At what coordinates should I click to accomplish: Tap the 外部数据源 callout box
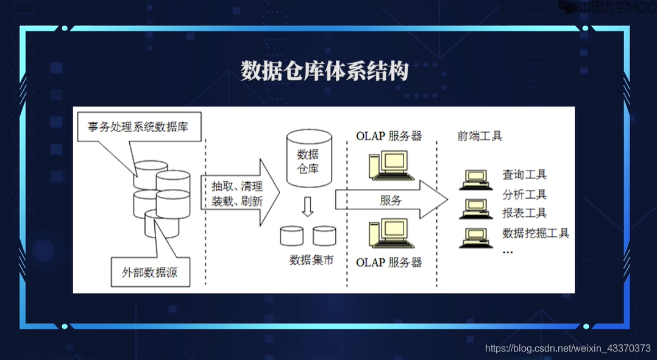click(149, 272)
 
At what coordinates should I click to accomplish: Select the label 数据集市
click(311, 260)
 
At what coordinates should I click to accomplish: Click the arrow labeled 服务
click(391, 200)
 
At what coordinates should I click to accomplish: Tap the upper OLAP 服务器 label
click(389, 136)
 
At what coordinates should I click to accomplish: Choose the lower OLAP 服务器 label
click(389, 263)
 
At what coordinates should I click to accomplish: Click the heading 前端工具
click(480, 136)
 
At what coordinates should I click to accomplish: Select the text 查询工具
click(524, 175)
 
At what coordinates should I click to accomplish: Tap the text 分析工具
click(524, 195)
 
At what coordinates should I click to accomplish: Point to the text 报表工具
click(524, 213)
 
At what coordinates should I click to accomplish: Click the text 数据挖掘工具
click(535, 233)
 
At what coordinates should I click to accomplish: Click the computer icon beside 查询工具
click(476, 178)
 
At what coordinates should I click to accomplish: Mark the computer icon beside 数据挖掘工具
click(476, 237)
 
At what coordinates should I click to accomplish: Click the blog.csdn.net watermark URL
click(567, 348)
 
